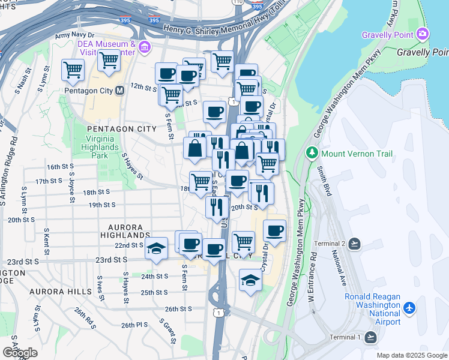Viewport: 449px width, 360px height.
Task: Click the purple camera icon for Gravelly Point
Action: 424,34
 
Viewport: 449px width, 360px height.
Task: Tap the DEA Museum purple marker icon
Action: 144,47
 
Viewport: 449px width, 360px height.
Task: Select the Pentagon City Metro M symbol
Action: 119,91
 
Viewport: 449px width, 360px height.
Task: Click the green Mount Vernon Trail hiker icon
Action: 312,152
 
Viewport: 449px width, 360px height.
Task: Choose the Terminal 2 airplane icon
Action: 354,244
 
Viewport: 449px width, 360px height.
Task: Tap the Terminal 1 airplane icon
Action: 371,337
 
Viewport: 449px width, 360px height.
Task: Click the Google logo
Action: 20,353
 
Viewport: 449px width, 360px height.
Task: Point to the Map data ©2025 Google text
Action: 412,355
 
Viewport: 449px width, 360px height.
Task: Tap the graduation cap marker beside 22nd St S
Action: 156,248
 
